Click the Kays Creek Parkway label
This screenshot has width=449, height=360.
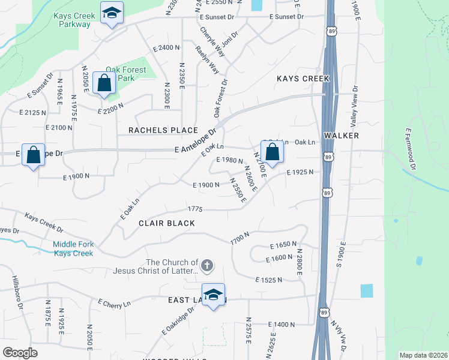(x=71, y=20)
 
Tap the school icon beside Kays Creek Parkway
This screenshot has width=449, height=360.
(x=111, y=13)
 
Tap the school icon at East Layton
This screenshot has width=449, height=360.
(x=213, y=295)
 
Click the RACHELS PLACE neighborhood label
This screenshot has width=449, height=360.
(x=163, y=130)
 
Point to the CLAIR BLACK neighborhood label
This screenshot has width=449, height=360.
(x=167, y=223)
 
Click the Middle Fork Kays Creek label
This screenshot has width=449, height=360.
(x=73, y=248)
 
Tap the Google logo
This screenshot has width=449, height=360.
(x=20, y=352)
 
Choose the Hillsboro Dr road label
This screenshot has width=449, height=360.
(x=17, y=293)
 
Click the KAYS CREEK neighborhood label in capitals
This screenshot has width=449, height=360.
(x=303, y=79)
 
